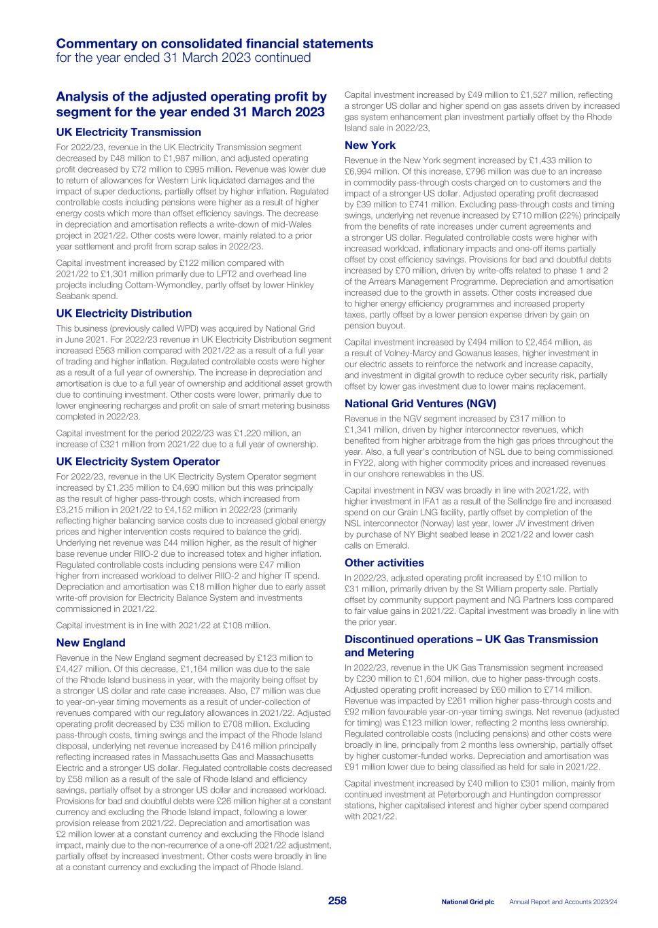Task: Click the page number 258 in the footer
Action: [337, 901]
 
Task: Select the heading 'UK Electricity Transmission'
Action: [128, 132]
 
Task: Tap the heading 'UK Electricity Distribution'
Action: [124, 313]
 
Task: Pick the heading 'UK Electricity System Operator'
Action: [138, 462]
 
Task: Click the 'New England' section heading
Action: [90, 642]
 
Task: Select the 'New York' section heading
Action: [370, 145]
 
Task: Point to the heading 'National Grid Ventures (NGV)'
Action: [421, 404]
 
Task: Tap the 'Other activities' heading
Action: [384, 563]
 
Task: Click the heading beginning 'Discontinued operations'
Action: [471, 639]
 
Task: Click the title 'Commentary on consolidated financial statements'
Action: [214, 44]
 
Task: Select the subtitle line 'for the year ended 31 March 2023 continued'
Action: [184, 58]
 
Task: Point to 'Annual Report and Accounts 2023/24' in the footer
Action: [564, 901]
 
